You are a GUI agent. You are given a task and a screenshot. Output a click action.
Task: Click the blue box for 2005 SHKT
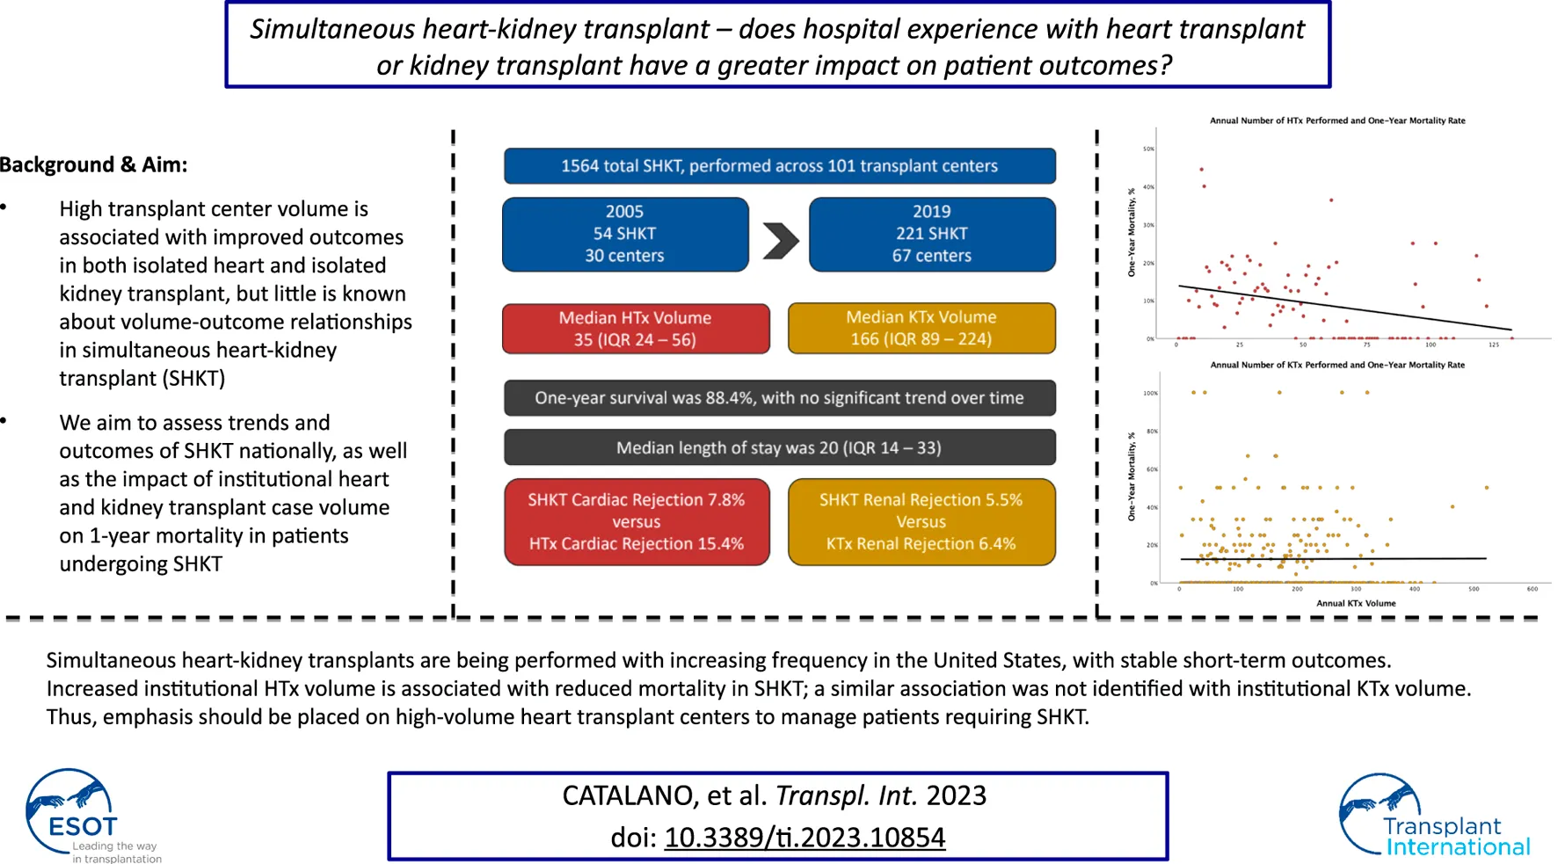point(624,234)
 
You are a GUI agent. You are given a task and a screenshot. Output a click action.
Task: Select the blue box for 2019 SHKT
point(931,234)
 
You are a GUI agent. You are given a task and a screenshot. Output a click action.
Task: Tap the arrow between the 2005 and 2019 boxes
point(780,240)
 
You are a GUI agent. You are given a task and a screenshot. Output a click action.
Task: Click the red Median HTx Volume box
point(636,329)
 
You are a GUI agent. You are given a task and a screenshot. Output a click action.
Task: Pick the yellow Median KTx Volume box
point(921,328)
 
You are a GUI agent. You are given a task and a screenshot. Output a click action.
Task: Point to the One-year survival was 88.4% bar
point(779,398)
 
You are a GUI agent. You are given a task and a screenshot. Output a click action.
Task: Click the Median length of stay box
point(779,447)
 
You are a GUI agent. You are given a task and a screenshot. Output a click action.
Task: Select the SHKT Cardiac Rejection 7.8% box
point(636,522)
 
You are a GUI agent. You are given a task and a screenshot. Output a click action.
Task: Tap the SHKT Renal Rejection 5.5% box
point(921,522)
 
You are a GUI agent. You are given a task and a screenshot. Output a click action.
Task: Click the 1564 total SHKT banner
point(779,166)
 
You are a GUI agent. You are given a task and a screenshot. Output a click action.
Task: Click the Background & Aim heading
point(93,165)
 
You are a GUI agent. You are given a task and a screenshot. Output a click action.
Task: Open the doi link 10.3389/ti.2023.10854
point(804,838)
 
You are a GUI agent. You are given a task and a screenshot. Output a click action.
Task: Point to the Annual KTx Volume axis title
point(1356,603)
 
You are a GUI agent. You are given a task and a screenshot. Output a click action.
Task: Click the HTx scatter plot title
point(1336,120)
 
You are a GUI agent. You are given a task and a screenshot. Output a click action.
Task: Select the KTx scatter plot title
point(1336,365)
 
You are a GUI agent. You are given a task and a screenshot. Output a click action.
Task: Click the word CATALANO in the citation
point(628,795)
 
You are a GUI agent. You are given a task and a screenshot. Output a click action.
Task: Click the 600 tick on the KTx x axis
point(1532,589)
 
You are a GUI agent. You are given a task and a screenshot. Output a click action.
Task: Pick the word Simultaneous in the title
point(332,29)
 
